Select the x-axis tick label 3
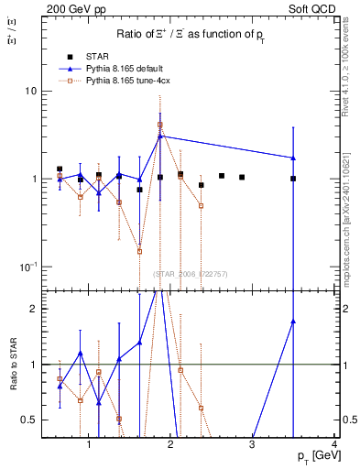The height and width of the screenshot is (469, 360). point(253,446)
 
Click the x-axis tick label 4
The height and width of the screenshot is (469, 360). point(334,446)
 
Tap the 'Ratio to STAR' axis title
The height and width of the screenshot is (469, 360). point(12,391)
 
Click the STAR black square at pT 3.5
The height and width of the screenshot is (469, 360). point(293,179)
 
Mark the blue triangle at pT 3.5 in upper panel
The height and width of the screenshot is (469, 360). point(293,158)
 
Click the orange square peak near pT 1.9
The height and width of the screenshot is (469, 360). point(160,125)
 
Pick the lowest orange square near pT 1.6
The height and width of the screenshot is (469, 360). point(139,251)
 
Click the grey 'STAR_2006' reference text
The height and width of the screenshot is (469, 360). point(190,274)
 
